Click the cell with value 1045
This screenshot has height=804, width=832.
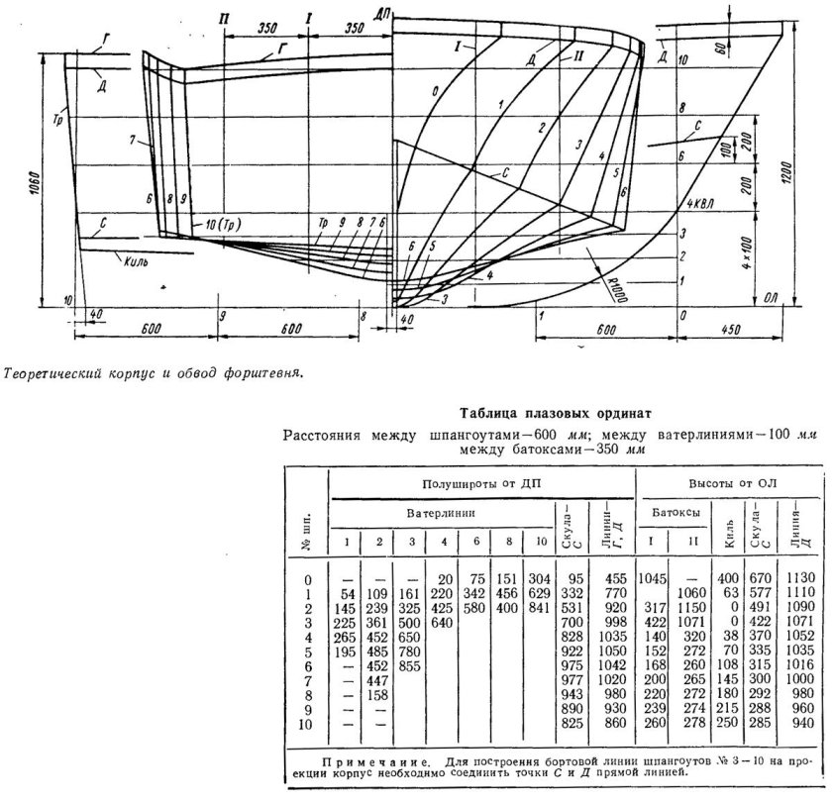(654, 579)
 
